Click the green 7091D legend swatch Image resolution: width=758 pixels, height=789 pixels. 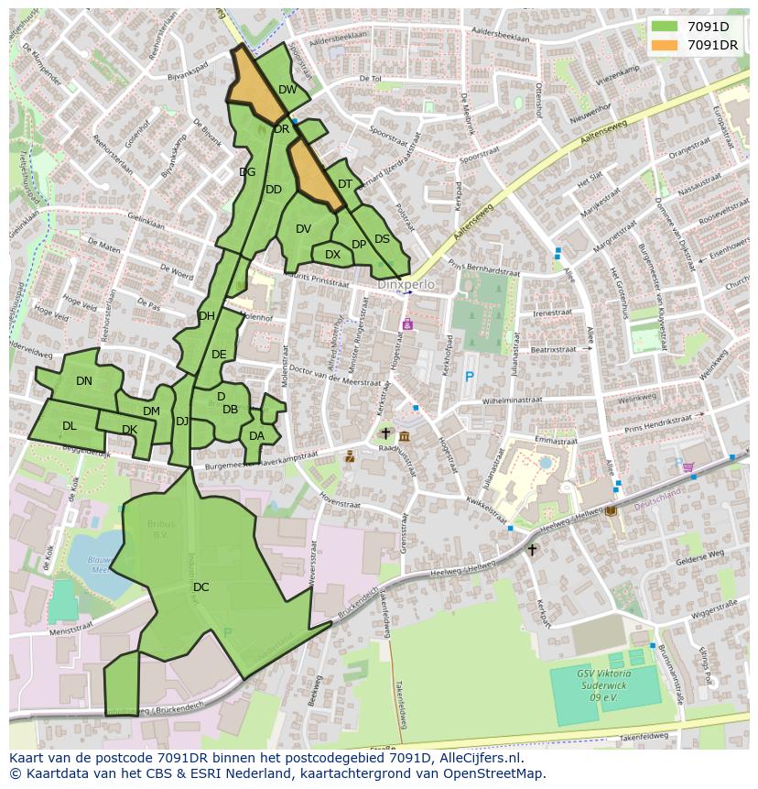(x=666, y=27)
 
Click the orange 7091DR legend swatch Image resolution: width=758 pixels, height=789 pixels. (x=666, y=45)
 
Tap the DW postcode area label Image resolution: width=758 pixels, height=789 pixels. (x=287, y=90)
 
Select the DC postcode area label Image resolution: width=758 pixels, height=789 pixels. (x=201, y=587)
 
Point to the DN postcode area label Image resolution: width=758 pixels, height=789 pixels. (x=84, y=381)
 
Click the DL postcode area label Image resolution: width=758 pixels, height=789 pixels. (x=70, y=426)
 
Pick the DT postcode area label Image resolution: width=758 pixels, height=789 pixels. (x=345, y=184)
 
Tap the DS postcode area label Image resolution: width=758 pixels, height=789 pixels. (x=382, y=239)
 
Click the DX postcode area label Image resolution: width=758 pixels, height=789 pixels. (x=332, y=255)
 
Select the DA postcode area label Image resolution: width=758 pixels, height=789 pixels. (x=256, y=436)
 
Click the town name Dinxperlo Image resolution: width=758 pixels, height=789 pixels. (x=406, y=285)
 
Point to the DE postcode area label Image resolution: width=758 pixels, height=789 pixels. (x=219, y=355)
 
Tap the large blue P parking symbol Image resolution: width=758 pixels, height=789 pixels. (x=470, y=377)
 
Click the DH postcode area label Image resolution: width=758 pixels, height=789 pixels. (x=207, y=316)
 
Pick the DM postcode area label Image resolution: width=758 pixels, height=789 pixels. (x=151, y=412)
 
